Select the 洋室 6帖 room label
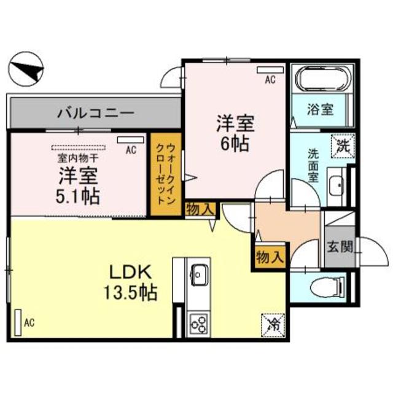[235, 133]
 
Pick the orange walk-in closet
[165, 175]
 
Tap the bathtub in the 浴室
[321, 79]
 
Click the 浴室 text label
[321, 110]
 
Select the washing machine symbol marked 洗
[342, 147]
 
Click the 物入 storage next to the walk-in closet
[199, 209]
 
